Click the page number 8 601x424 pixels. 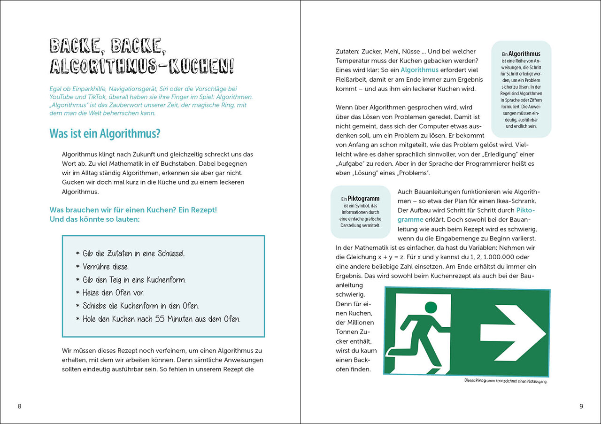click(19, 406)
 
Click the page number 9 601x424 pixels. click(581, 406)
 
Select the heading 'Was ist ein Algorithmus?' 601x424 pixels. click(105, 134)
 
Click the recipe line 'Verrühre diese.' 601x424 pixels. click(106, 267)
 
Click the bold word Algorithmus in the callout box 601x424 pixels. click(524, 54)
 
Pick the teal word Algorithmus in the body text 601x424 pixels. click(419, 70)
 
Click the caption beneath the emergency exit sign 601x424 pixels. click(505, 381)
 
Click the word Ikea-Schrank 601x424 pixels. click(516, 201)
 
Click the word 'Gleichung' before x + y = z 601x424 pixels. click(364, 256)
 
